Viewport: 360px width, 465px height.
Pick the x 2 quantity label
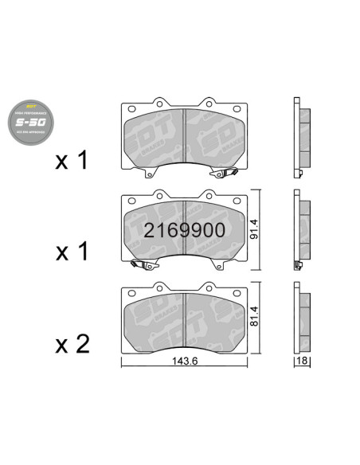click(72, 344)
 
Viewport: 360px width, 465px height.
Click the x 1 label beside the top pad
click(72, 162)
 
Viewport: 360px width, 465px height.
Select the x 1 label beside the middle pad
click(72, 253)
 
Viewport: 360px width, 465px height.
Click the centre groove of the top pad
click(185, 137)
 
